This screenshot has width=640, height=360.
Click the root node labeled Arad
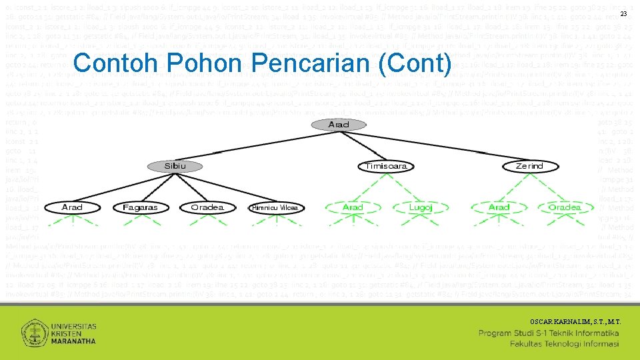pyautogui.click(x=339, y=125)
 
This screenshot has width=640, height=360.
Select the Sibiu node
pyautogui.click(x=175, y=165)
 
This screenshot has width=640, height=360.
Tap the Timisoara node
pyautogui.click(x=387, y=166)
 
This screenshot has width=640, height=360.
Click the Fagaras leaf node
pyautogui.click(x=140, y=207)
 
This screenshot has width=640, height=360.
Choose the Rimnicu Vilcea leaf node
pyautogui.click(x=274, y=208)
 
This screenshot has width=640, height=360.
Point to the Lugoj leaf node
pyautogui.click(x=421, y=207)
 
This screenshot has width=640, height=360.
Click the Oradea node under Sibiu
pyautogui.click(x=207, y=207)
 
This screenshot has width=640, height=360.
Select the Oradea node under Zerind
pyautogui.click(x=564, y=207)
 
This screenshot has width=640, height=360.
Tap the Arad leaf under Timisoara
pyautogui.click(x=353, y=207)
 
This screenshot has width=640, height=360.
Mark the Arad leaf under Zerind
pyautogui.click(x=499, y=207)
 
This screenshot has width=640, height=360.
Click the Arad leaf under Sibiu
pyautogui.click(x=72, y=207)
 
